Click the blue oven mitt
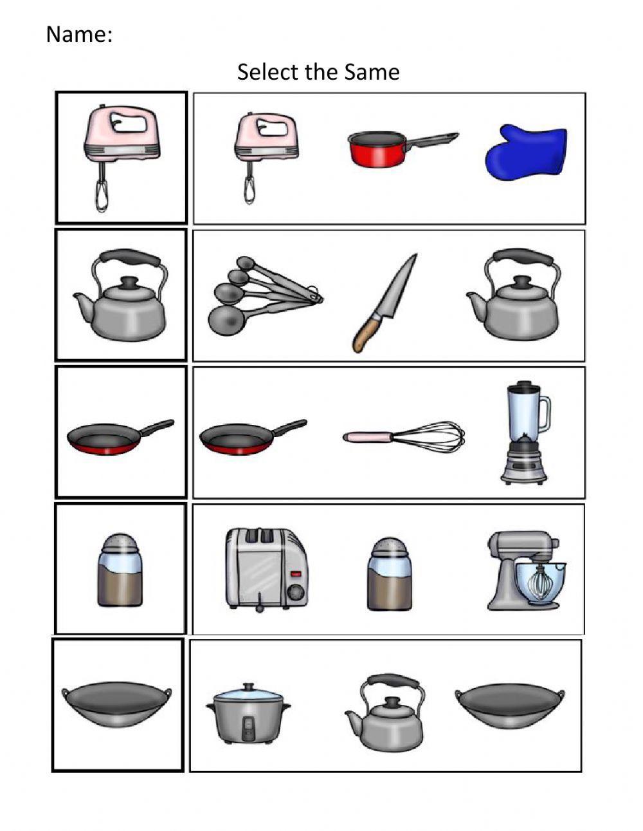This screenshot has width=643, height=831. pos(525,153)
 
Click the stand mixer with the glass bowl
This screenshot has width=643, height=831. pos(526,570)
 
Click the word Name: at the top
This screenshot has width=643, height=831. pos(79,35)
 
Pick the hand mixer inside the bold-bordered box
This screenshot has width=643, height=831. pos(120,154)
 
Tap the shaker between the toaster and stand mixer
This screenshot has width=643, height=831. pos(388,575)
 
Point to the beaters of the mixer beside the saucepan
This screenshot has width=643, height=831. pos(249,187)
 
